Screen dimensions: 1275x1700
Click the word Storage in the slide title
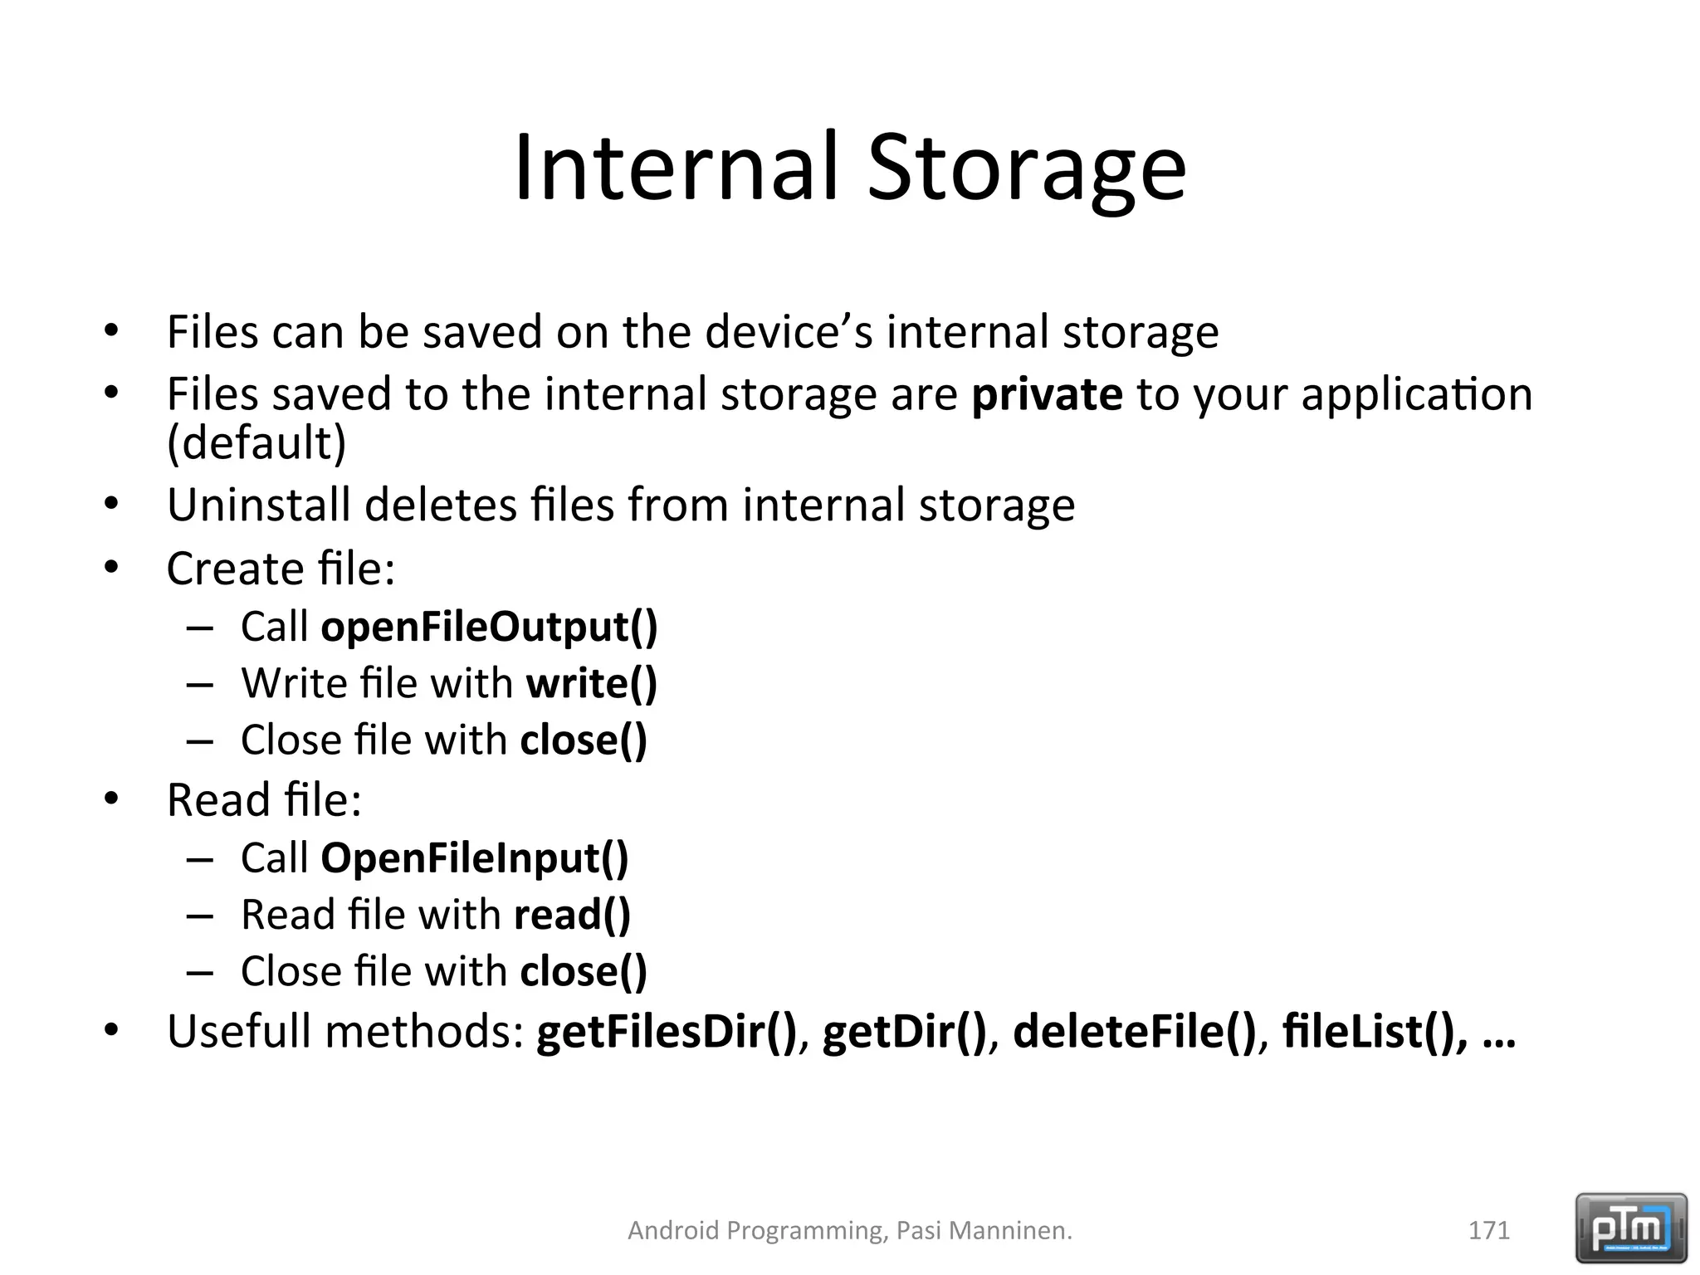(1027, 169)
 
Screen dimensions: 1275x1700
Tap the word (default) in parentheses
(256, 442)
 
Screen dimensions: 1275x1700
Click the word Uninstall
(258, 505)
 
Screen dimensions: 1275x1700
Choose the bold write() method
(591, 683)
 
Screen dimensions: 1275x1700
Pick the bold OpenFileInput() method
(475, 857)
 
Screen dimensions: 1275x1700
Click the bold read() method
(572, 915)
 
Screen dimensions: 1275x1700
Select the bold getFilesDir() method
(667, 1032)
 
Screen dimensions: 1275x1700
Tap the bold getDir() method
(904, 1032)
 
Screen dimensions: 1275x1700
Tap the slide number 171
(1489, 1230)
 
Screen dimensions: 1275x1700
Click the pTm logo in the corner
(1631, 1228)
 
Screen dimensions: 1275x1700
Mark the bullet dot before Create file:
(112, 569)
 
